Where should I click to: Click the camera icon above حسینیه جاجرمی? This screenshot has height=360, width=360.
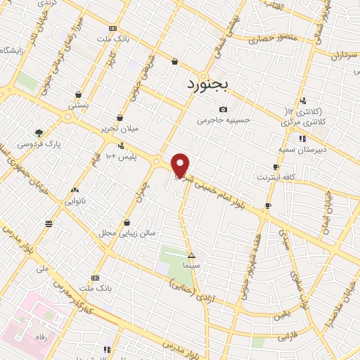(x=224, y=109)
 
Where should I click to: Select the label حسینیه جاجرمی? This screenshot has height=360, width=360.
(x=224, y=120)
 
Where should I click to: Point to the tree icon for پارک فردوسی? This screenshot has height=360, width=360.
(x=39, y=132)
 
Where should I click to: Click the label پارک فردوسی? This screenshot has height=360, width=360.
(x=39, y=144)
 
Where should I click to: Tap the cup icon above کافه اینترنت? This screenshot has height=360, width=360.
(x=276, y=167)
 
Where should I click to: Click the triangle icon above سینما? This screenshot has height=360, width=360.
(x=191, y=255)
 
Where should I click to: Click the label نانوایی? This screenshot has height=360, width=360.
(x=75, y=200)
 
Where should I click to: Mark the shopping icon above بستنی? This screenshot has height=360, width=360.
(x=77, y=94)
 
